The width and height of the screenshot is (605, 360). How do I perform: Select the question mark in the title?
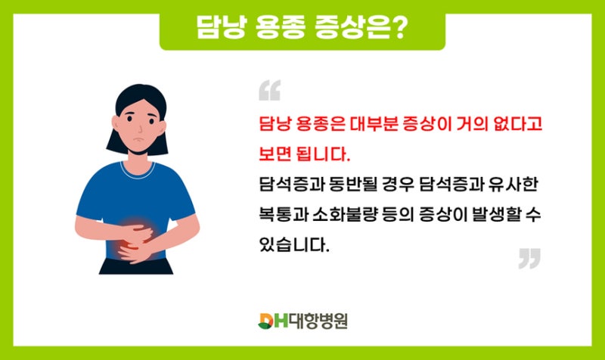coord(398,26)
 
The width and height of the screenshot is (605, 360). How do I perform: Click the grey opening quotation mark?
coord(270,90)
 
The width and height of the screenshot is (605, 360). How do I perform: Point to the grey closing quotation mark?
coord(529,259)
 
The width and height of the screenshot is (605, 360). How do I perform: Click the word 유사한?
coord(513,185)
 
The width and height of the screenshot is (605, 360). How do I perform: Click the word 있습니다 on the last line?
coord(294,244)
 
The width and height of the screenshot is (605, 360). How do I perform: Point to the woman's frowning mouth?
coord(138,139)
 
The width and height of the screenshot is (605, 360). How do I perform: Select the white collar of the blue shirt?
coord(138,172)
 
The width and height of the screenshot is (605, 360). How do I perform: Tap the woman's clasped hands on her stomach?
coord(135,243)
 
